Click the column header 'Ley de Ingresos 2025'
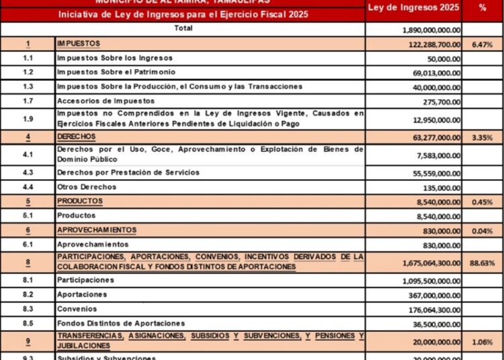(413, 7)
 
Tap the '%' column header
(482, 7)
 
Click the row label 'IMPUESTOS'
(78, 44)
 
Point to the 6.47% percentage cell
(482, 45)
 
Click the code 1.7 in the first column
(28, 101)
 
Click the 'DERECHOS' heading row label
(77, 136)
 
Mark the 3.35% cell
(482, 138)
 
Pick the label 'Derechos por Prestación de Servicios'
(128, 173)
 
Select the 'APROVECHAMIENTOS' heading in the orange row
(97, 230)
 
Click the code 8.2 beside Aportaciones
(28, 295)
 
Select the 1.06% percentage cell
(482, 341)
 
